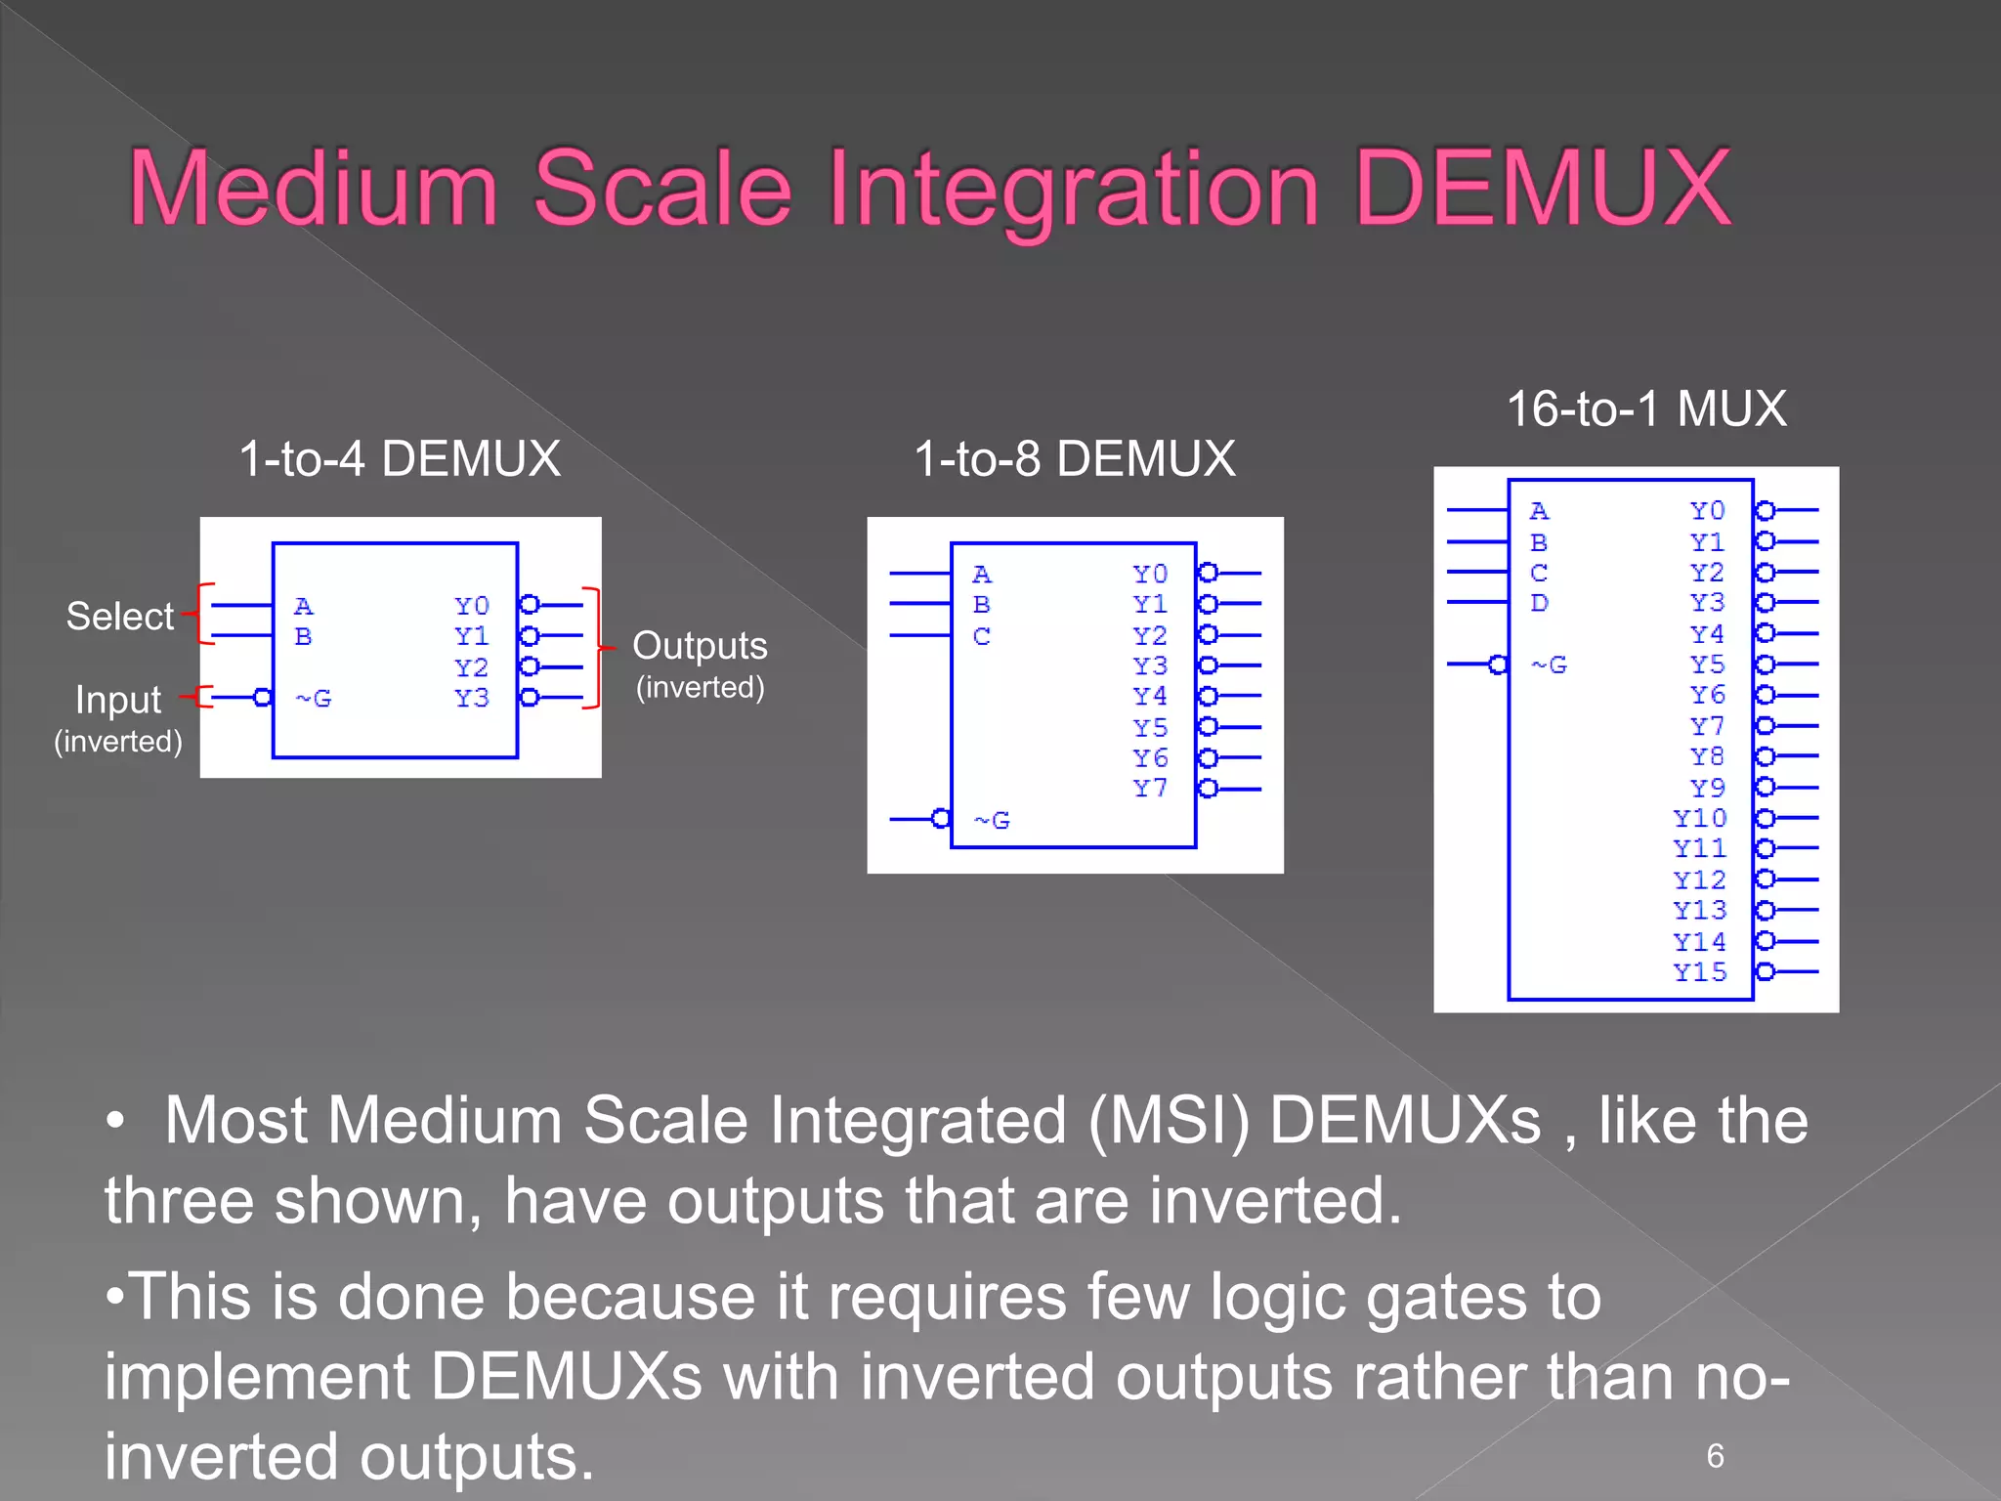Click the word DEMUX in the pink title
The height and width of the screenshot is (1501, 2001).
coord(1544,188)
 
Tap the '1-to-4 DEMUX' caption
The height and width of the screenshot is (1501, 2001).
coord(400,458)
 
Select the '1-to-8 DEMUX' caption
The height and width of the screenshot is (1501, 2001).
coord(1075,458)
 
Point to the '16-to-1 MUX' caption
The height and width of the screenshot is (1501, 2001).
coord(1646,408)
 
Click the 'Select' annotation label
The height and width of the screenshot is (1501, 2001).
coord(119,617)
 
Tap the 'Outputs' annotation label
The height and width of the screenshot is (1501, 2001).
coord(700,646)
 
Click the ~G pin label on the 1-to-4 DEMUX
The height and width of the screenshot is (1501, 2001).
coord(314,699)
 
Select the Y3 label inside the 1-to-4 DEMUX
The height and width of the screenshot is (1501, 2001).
coord(471,699)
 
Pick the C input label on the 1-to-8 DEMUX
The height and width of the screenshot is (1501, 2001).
coord(982,637)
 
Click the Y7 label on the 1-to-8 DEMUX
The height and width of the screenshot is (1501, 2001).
coord(1150,789)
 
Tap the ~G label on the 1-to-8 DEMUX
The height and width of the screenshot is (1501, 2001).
coord(993,821)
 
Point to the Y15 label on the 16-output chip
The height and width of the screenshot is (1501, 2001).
coord(1699,972)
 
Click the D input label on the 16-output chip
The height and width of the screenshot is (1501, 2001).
coord(1539,604)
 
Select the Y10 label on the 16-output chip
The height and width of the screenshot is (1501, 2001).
coord(1699,818)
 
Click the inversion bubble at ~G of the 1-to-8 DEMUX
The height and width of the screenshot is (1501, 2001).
coord(941,819)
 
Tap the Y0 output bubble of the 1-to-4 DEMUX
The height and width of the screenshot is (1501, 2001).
coord(530,605)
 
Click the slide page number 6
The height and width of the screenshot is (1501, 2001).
coord(1715,1456)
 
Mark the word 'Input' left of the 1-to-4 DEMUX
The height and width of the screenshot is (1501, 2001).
coord(118,700)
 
